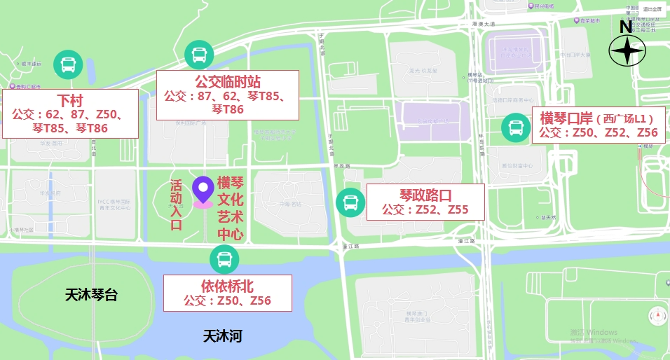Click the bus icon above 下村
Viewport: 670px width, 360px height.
68,65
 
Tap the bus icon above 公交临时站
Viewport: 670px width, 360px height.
198,54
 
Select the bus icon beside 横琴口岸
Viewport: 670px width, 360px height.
516,127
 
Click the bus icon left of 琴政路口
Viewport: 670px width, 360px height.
350,202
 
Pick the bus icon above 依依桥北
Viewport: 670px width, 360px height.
224,260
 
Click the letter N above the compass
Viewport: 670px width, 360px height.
625,27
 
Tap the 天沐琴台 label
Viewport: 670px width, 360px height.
91,295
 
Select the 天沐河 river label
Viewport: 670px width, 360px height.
222,336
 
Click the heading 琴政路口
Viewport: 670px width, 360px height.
425,194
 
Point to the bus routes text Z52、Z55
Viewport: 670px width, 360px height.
425,209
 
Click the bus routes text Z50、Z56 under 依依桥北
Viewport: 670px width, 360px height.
227,301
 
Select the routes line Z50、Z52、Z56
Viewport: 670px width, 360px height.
598,132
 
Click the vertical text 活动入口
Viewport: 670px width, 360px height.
176,205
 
